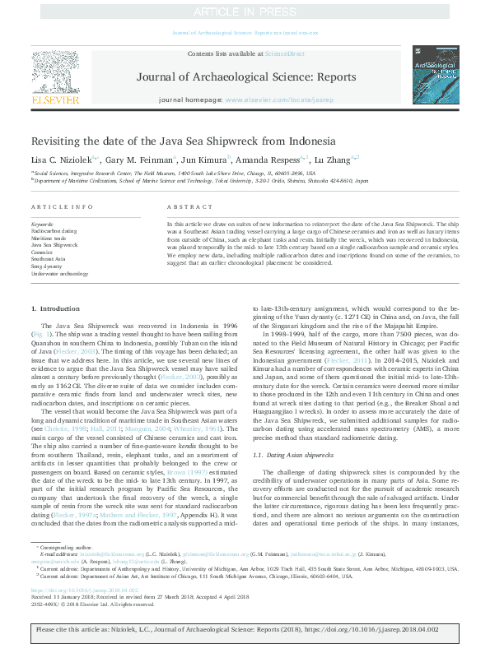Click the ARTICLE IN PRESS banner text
tap(245, 12)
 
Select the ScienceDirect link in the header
tap(285, 53)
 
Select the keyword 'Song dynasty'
tap(48, 266)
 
